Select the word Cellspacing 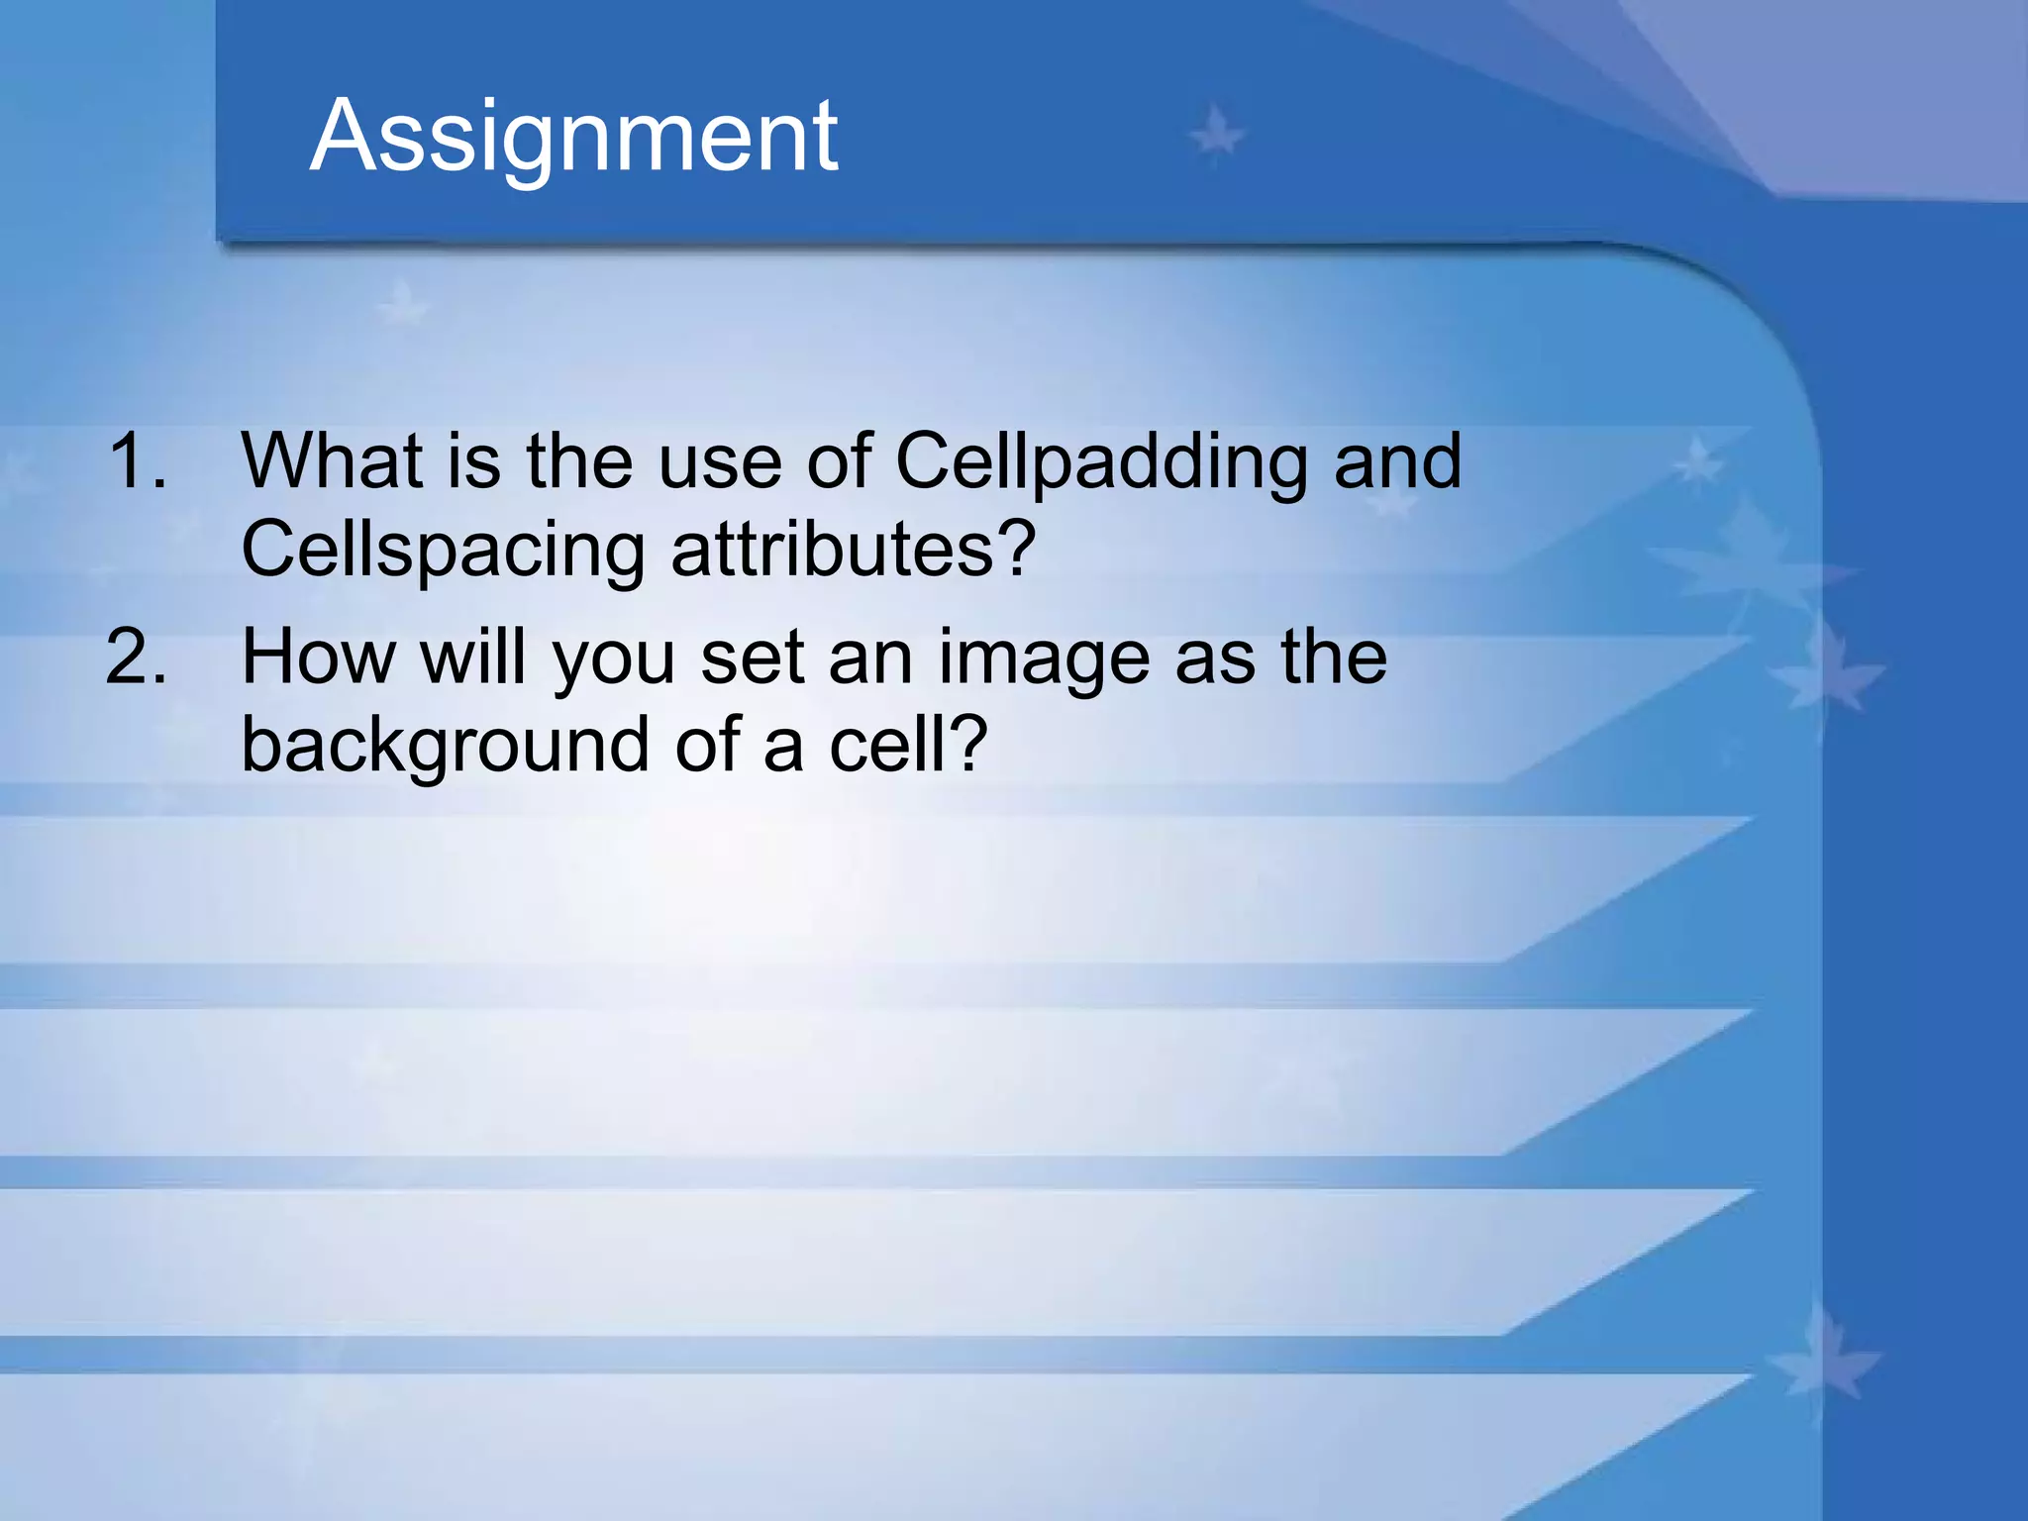pos(443,551)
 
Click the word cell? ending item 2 pos(908,745)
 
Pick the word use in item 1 pos(720,462)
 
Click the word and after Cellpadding pos(1397,460)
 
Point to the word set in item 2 pos(752,659)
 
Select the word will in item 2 pos(472,657)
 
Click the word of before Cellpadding pos(839,460)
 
